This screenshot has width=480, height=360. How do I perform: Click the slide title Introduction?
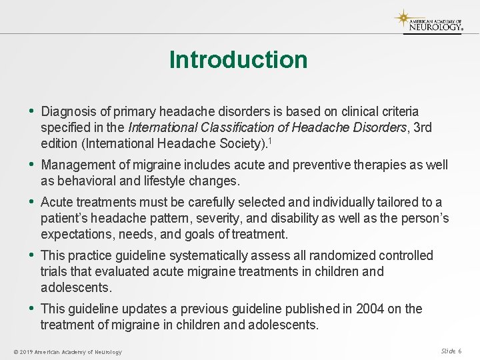click(238, 60)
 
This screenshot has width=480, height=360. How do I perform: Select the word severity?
click(237, 218)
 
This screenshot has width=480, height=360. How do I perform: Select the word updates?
click(140, 309)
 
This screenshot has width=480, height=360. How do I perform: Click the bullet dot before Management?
click(32, 165)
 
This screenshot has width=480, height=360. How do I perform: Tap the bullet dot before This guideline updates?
click(32, 309)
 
